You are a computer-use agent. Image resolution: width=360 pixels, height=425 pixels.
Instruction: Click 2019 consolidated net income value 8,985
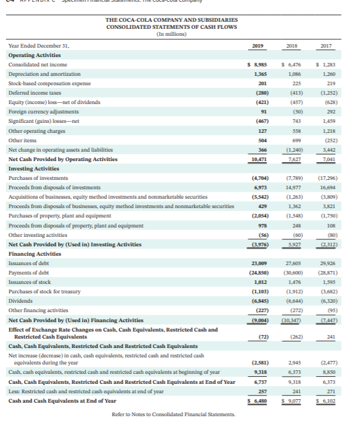click(258, 64)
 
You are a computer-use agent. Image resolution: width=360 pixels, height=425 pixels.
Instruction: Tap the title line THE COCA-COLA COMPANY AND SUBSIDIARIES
click(171, 21)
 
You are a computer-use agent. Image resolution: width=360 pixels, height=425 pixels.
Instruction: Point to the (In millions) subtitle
click(171, 34)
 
